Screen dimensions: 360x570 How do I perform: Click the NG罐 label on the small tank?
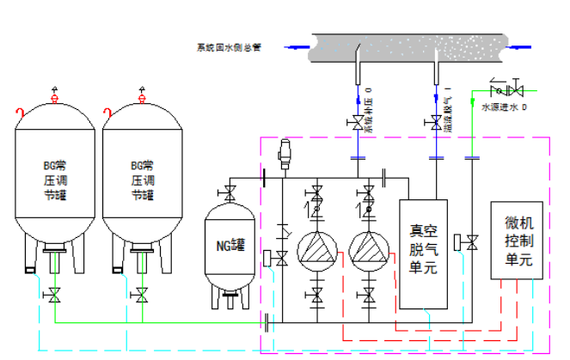tap(231, 245)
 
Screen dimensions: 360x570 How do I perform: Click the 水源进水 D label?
tap(503, 108)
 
